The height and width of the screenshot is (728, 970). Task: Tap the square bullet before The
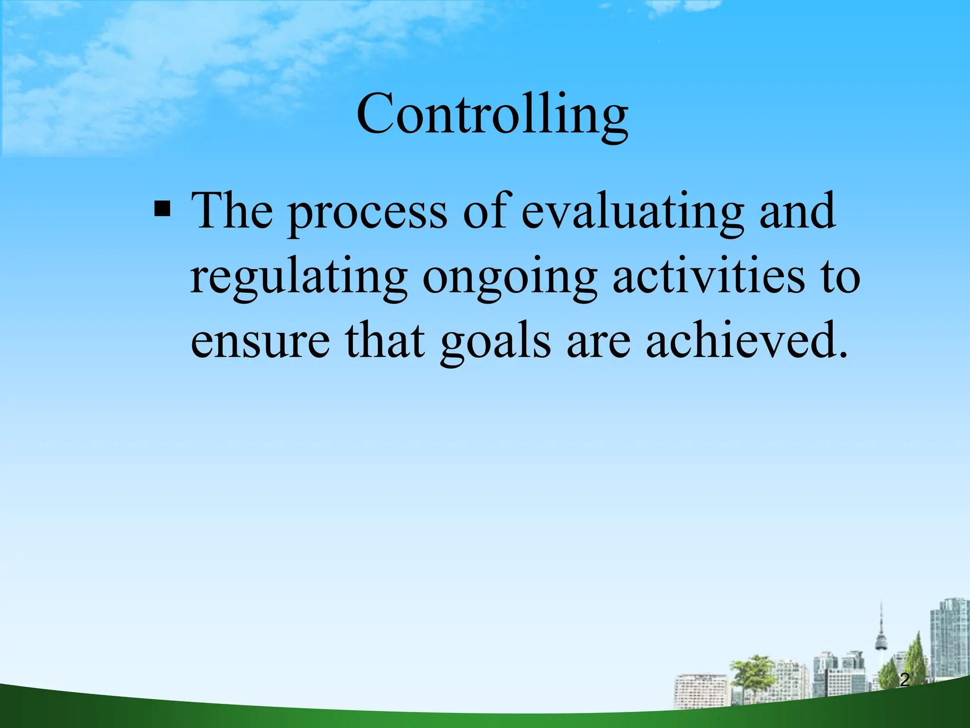pyautogui.click(x=162, y=209)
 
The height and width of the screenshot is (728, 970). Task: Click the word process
pyautogui.click(x=368, y=213)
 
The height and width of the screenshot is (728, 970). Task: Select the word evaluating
pyautogui.click(x=632, y=213)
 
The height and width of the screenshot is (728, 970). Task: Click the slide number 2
pyautogui.click(x=905, y=680)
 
